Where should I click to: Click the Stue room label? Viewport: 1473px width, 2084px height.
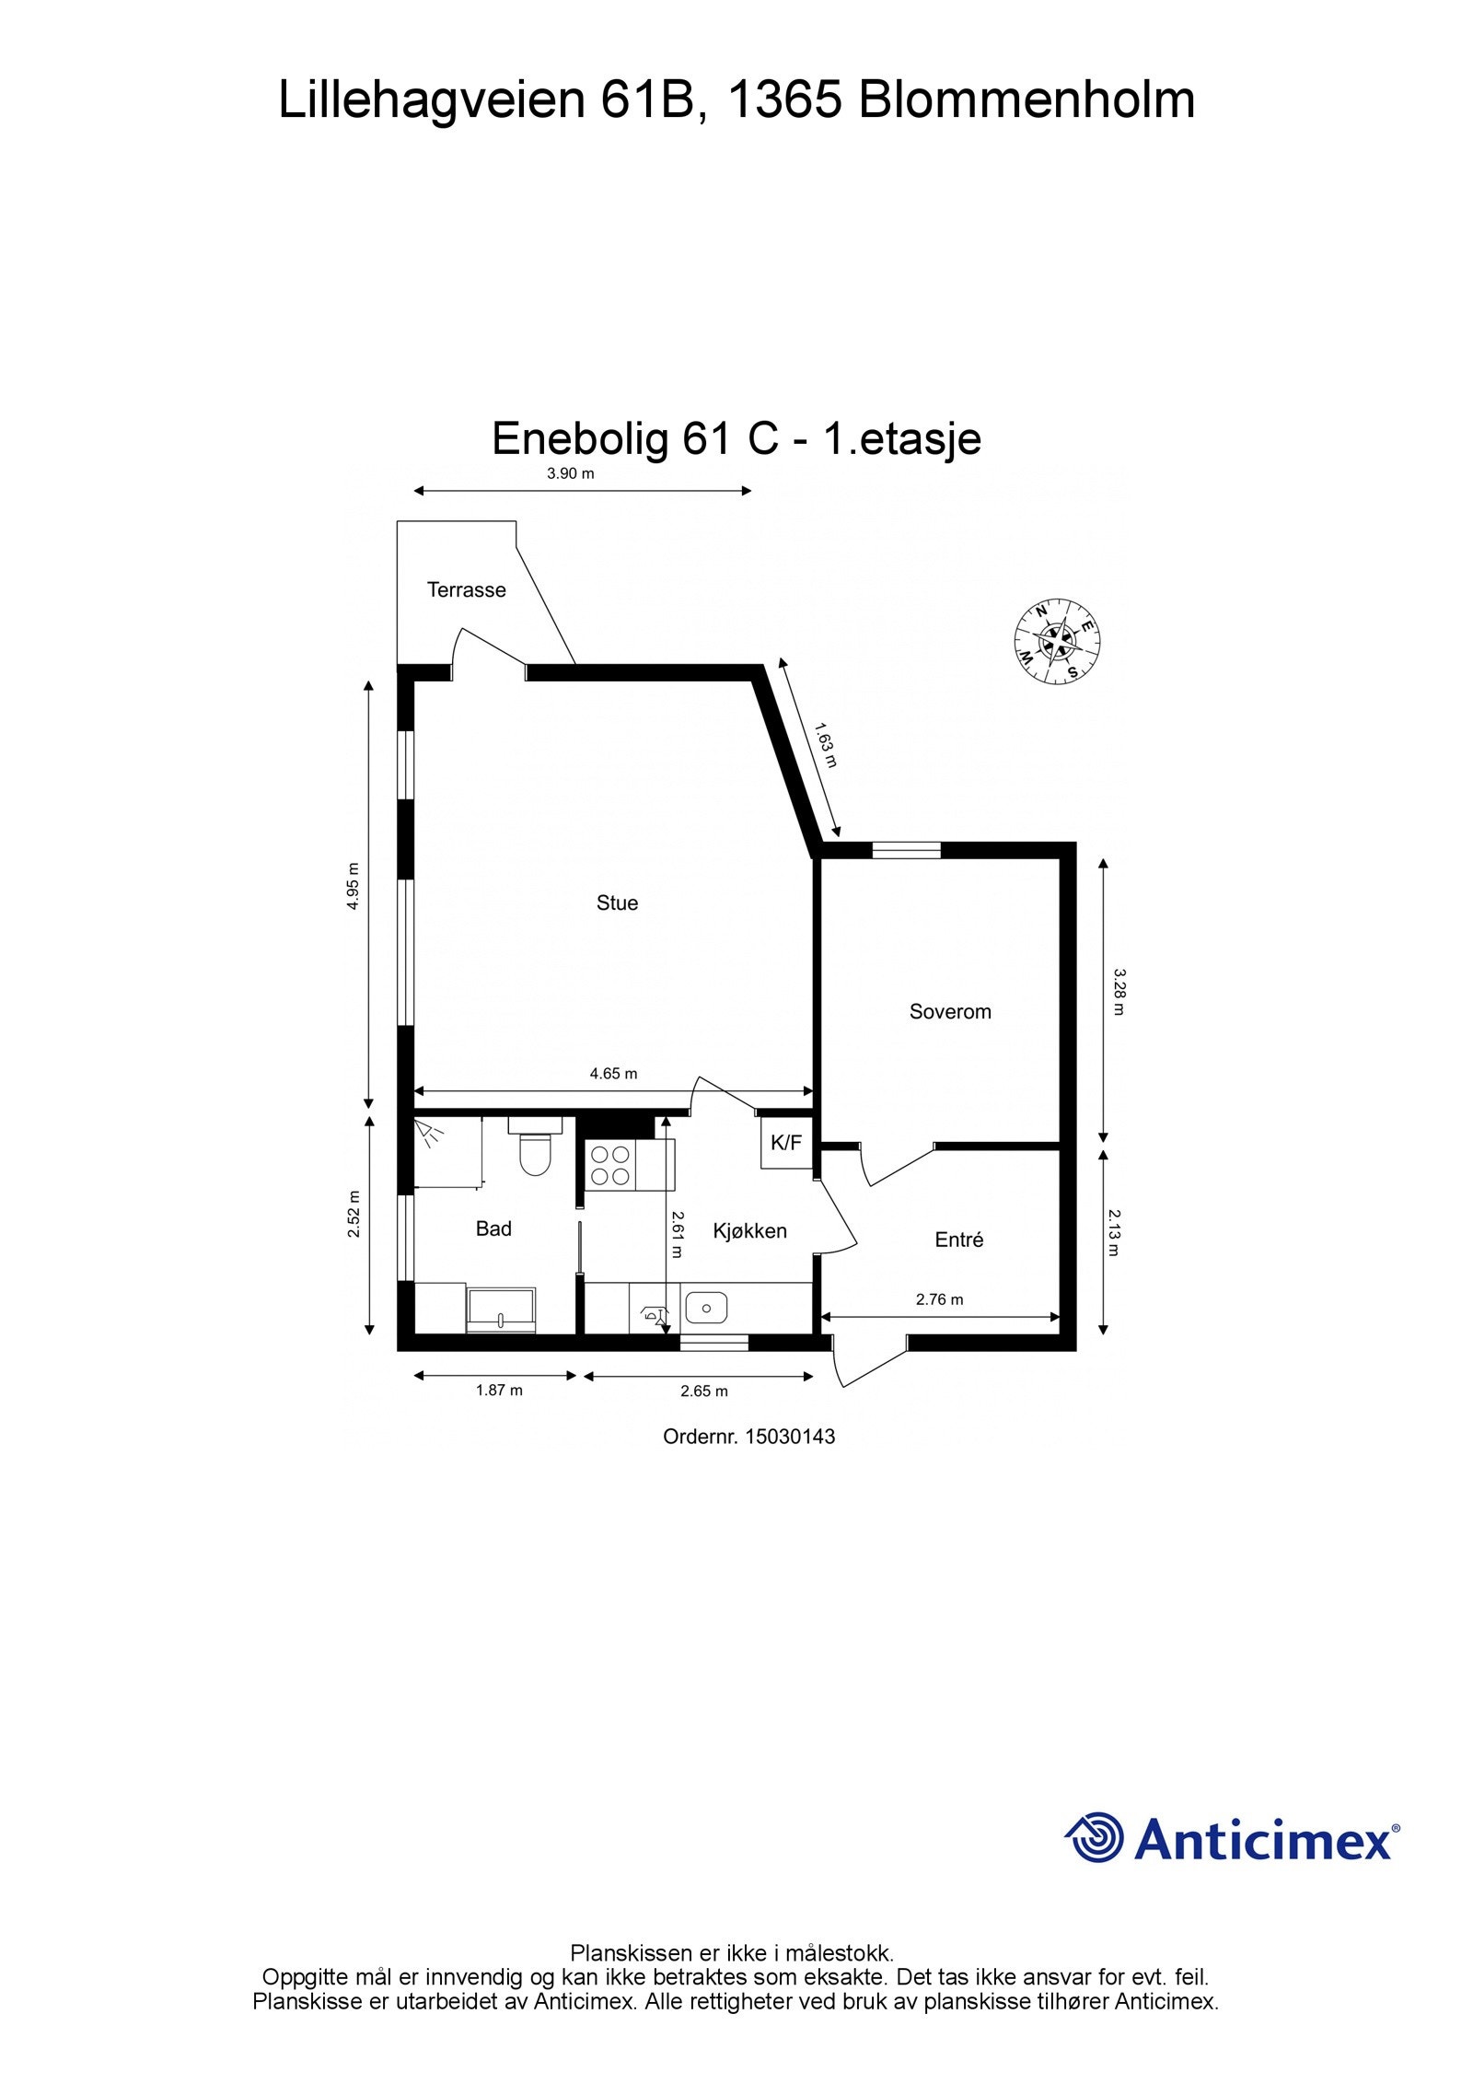[617, 902]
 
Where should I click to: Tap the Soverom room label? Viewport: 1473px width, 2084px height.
[950, 1011]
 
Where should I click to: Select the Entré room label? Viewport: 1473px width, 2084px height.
[958, 1240]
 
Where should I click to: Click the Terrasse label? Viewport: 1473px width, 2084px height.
[466, 589]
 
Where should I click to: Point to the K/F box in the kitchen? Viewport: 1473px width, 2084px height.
[785, 1143]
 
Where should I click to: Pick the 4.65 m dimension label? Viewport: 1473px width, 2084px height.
[613, 1073]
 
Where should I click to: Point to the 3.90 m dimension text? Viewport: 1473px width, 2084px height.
[571, 474]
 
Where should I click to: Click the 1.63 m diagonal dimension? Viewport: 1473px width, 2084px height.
[826, 745]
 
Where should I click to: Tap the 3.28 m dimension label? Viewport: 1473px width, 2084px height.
[1119, 991]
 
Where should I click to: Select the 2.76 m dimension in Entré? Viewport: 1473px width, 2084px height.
[939, 1299]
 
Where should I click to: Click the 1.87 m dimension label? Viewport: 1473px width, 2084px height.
[499, 1390]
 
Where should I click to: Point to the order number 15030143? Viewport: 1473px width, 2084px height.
[789, 1437]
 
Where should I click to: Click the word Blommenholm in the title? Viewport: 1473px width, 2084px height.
[1026, 100]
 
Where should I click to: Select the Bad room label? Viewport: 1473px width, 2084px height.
[493, 1228]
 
